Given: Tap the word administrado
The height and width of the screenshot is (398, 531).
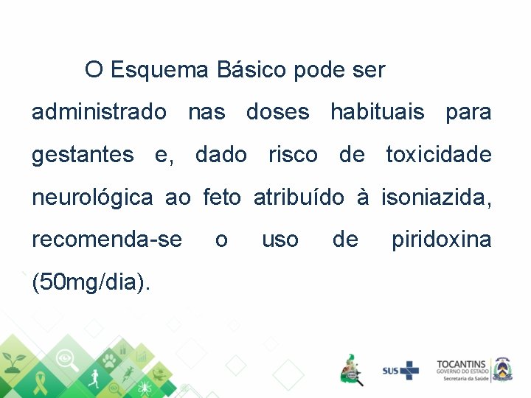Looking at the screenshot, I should (99, 113).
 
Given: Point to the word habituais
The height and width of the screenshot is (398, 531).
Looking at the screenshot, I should (377, 113).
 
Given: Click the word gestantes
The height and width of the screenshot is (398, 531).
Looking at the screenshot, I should (83, 156).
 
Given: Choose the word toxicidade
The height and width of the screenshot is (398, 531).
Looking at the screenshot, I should (438, 156).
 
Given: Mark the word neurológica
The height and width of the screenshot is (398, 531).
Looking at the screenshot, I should (92, 198).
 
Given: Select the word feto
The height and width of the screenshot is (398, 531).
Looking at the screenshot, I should (221, 198).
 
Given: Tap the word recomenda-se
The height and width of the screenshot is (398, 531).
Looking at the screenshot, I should (106, 240).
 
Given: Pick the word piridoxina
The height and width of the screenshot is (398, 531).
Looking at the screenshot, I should (441, 240).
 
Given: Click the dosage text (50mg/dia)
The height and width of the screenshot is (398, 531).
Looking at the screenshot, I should (91, 282).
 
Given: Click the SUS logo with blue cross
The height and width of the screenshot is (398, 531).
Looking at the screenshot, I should (400, 370).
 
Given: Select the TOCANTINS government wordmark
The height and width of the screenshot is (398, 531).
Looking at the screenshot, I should (461, 369).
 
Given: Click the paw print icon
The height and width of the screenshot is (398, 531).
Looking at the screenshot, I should (109, 360).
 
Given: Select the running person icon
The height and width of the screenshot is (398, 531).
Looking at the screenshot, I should (94, 380).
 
